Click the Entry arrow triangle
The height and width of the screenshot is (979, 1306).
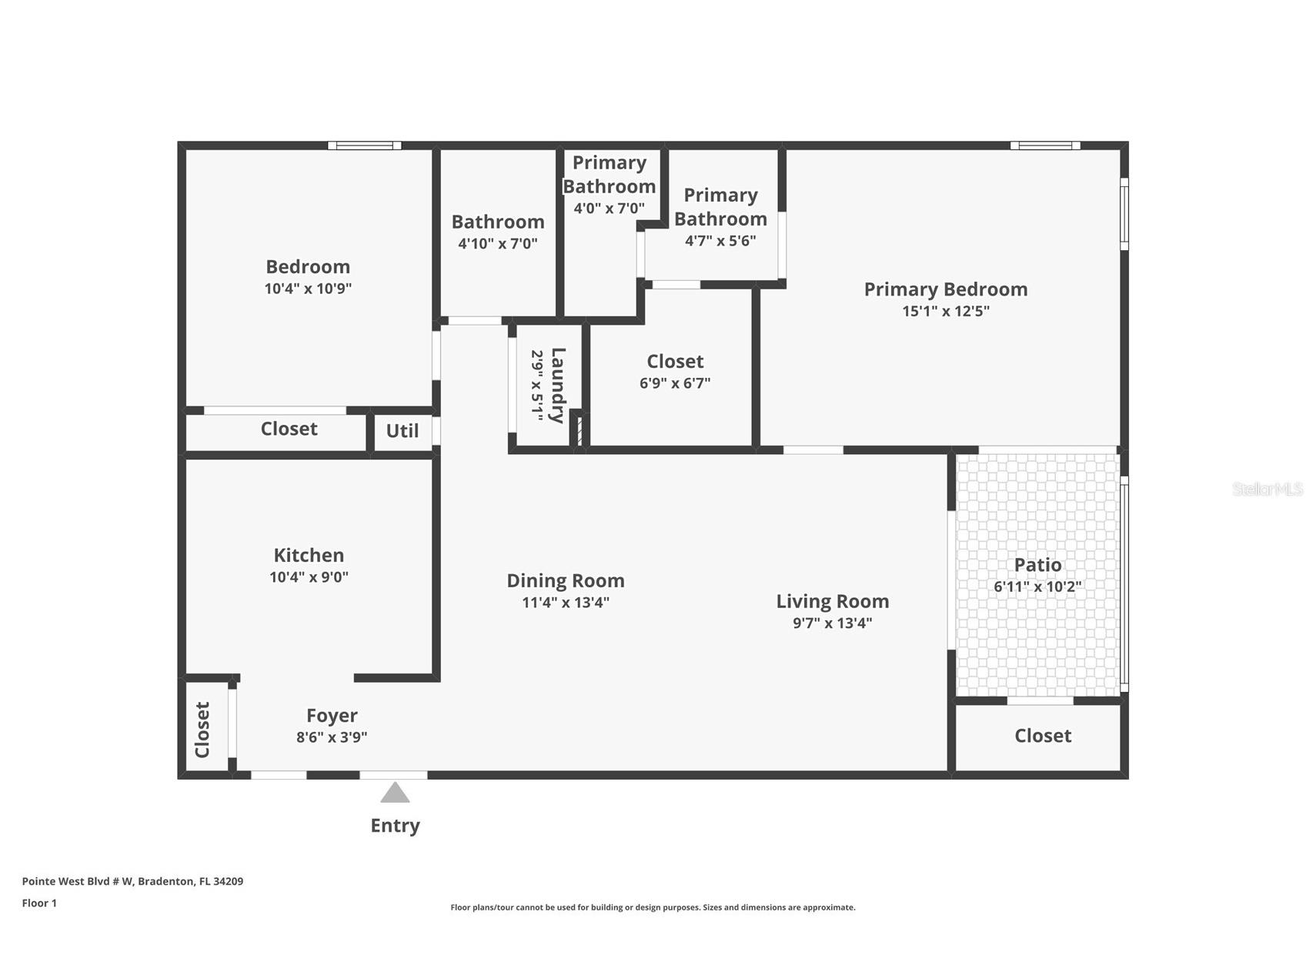395,794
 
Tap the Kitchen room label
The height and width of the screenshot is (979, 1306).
309,555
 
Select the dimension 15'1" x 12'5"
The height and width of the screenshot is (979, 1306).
946,311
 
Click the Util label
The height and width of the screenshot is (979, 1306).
402,431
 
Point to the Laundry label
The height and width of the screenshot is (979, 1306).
558,385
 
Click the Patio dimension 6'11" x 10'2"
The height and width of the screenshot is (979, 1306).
1037,586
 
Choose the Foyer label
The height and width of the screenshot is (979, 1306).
332,716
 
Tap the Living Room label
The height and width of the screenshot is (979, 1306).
832,601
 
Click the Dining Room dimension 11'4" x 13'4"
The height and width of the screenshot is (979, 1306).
566,602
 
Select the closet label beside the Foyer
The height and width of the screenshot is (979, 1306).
202,730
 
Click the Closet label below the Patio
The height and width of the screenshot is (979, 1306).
1043,736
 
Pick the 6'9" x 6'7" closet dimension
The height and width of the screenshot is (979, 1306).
675,383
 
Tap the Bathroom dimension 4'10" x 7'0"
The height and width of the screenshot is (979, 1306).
498,243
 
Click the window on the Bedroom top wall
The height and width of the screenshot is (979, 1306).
364,145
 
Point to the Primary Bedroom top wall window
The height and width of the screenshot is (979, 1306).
1044,145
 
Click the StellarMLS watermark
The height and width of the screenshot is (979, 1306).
1267,489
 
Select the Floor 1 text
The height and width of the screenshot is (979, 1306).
39,903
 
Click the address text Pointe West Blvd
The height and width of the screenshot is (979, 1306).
132,881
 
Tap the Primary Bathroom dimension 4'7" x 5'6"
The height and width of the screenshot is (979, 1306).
720,240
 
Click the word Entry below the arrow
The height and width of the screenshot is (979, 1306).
395,826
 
